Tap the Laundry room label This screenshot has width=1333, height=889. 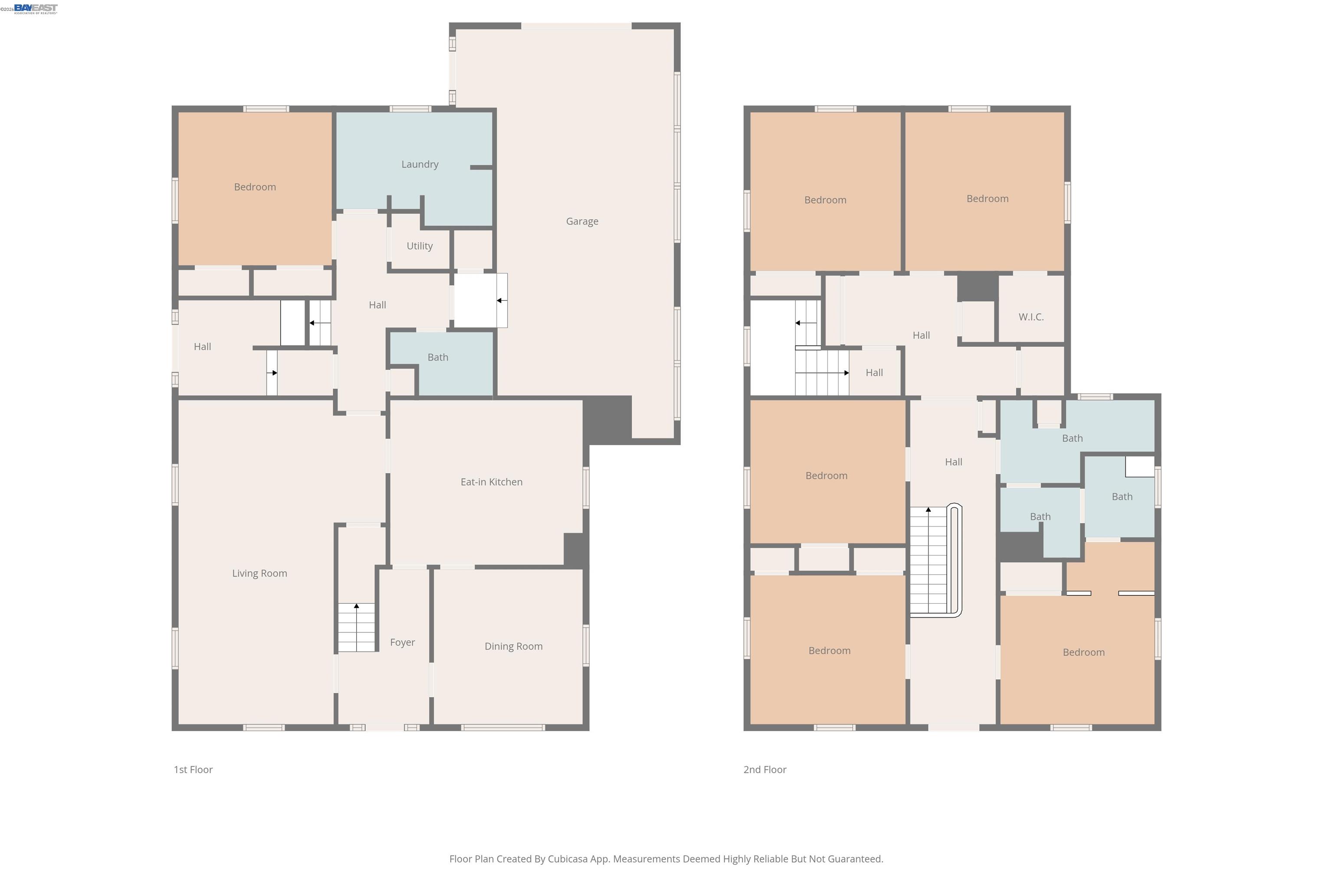[420, 165]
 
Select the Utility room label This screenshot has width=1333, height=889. [420, 246]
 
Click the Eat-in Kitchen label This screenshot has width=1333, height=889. [491, 482]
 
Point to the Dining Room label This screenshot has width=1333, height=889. [513, 646]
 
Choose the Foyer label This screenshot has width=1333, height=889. [402, 642]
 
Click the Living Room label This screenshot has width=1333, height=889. [259, 573]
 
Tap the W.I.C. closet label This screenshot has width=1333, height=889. [1031, 317]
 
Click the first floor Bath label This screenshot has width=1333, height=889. [437, 357]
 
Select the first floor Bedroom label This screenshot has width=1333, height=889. [255, 187]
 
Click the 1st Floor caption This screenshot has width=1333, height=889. [193, 769]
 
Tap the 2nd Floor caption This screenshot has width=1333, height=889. [765, 769]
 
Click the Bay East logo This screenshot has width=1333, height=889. [35, 8]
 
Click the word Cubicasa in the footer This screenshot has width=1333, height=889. [568, 859]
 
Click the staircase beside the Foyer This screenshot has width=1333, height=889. [357, 627]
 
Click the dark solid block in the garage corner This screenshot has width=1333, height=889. [607, 420]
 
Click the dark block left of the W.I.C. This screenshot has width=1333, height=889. [978, 287]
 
